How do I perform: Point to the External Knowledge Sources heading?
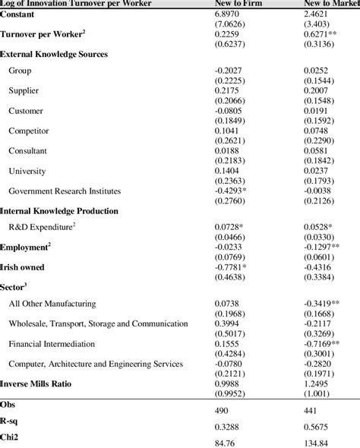[x=54, y=55]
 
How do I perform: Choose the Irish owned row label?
[x=23, y=267]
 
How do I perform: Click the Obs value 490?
[x=227, y=409]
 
